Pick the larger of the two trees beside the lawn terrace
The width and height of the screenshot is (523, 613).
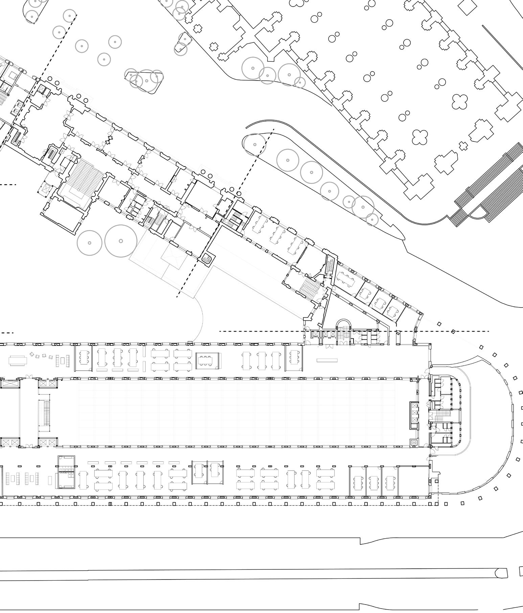(121, 241)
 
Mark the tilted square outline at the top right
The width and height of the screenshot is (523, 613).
(469, 6)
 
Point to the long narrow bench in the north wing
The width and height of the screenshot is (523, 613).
(327, 360)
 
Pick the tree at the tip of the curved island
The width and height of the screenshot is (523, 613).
(254, 144)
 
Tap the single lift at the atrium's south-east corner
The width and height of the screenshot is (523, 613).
(413, 442)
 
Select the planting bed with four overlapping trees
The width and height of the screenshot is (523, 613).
(144, 80)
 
